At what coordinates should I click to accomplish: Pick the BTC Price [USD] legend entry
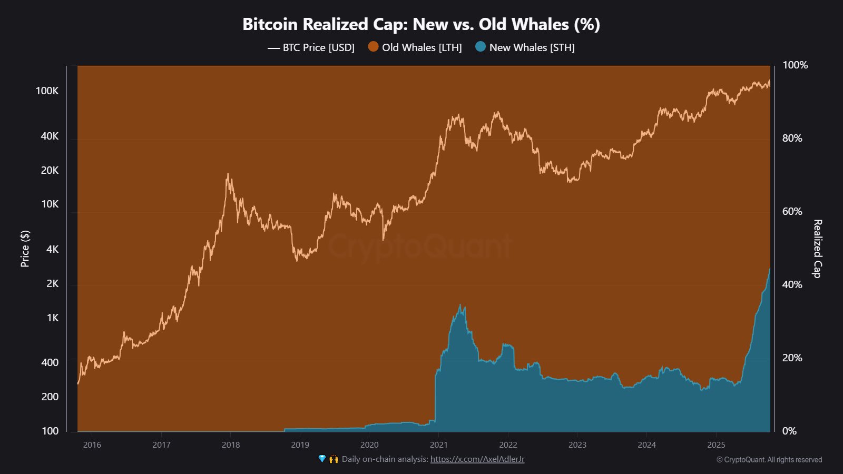pyautogui.click(x=311, y=47)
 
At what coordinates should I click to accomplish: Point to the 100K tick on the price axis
pyautogui.click(x=47, y=91)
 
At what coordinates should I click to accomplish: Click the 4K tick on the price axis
pyautogui.click(x=52, y=249)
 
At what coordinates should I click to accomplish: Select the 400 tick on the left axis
pyautogui.click(x=50, y=362)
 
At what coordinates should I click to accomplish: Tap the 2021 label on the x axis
pyautogui.click(x=438, y=445)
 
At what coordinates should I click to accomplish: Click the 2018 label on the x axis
pyautogui.click(x=230, y=445)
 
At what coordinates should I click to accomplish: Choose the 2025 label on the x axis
pyautogui.click(x=716, y=445)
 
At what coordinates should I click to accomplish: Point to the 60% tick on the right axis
pyautogui.click(x=792, y=211)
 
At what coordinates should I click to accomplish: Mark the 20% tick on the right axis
pyautogui.click(x=792, y=358)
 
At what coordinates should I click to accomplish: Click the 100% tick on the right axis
pyautogui.click(x=795, y=65)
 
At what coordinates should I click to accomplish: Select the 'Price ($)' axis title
pyautogui.click(x=25, y=249)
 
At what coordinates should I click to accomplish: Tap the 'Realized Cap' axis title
pyautogui.click(x=817, y=249)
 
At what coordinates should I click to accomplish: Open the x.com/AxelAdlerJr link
pyautogui.click(x=477, y=459)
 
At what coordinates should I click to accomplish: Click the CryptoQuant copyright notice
pyautogui.click(x=769, y=460)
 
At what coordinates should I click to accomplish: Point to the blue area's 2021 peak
pyautogui.click(x=460, y=305)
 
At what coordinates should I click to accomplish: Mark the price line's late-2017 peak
pyautogui.click(x=228, y=174)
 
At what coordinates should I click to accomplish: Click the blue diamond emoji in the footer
pyautogui.click(x=322, y=459)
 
